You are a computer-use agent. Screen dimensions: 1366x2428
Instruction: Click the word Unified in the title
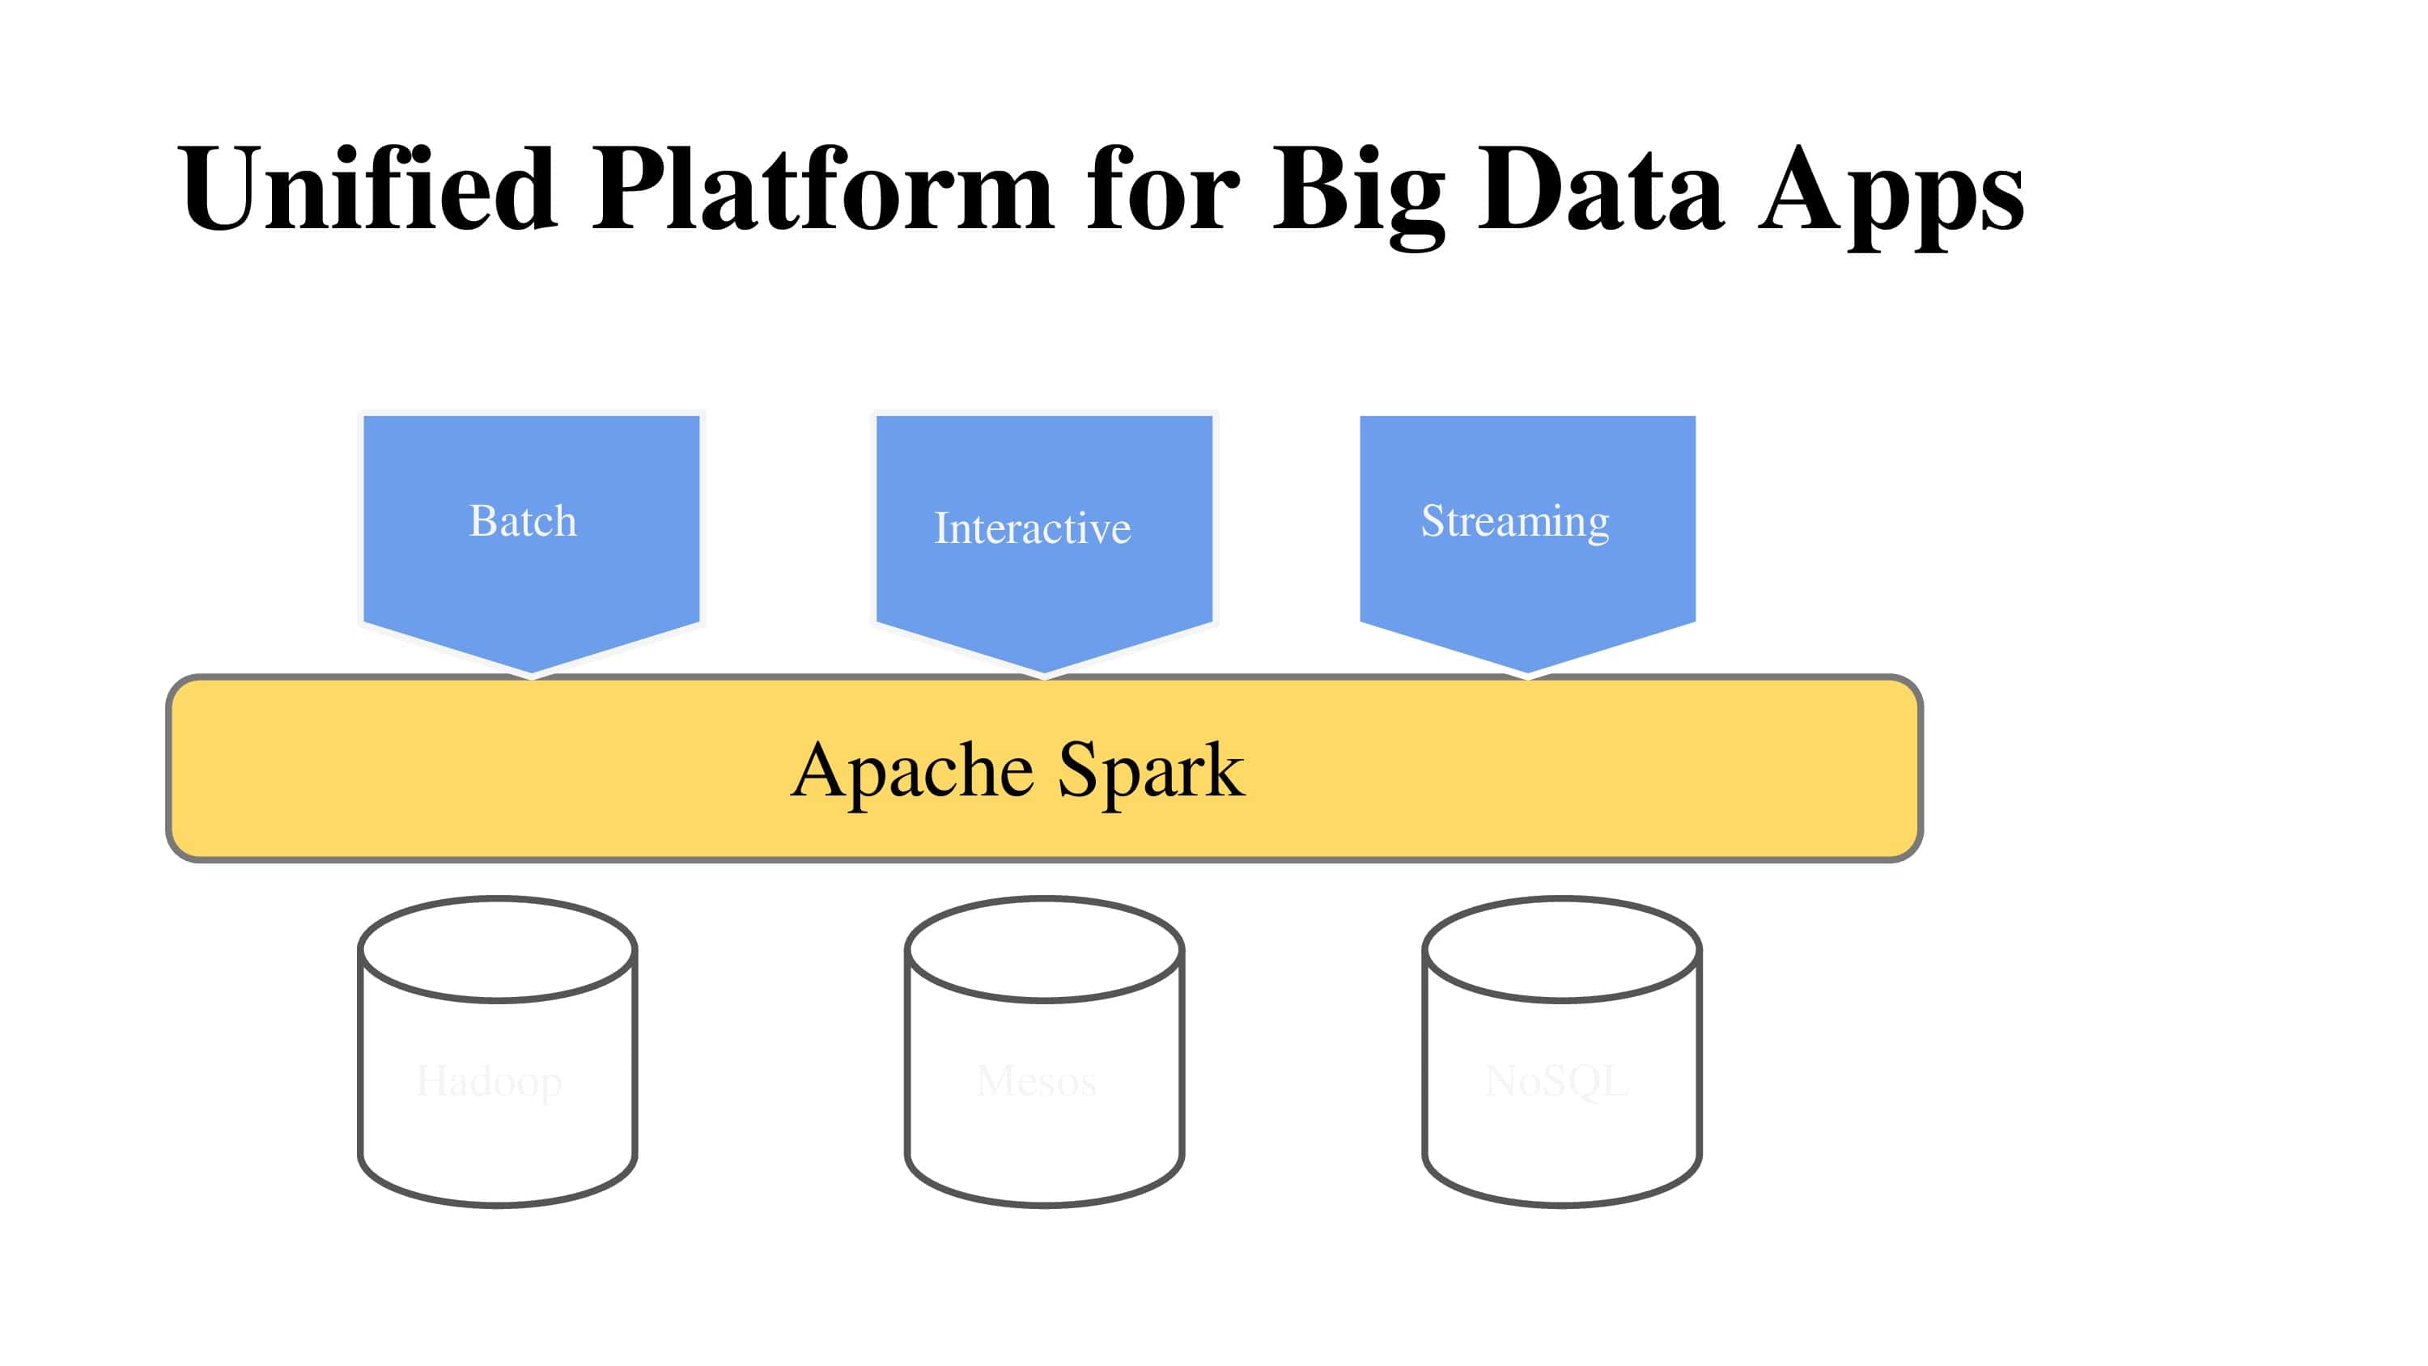(x=367, y=189)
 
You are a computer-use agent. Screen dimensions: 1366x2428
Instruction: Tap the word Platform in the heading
(x=822, y=189)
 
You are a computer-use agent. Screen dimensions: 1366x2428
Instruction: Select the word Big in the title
(x=1358, y=193)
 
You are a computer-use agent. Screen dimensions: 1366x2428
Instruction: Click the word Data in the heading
(x=1599, y=189)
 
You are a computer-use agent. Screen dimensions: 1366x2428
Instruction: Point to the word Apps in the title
(x=1891, y=193)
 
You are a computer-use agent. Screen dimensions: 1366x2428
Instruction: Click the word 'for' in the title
(x=1162, y=189)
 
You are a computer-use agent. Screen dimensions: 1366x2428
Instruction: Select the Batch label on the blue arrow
(x=523, y=521)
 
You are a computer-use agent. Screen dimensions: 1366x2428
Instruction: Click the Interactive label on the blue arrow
(x=1032, y=528)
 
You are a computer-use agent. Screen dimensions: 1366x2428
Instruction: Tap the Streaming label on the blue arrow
(x=1515, y=521)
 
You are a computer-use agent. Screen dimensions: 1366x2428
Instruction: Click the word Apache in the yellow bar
(x=912, y=771)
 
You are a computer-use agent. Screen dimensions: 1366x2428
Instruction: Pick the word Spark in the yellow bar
(x=1151, y=771)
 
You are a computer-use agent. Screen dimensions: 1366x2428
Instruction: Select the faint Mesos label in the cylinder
(x=1037, y=1081)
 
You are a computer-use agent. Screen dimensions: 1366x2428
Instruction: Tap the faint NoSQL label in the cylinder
(x=1557, y=1081)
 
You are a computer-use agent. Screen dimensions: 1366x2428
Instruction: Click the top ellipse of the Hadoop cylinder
(x=498, y=949)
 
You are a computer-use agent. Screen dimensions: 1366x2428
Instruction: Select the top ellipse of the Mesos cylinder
(x=1044, y=949)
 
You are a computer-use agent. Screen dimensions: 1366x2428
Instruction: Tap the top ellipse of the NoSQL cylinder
(x=1562, y=949)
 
